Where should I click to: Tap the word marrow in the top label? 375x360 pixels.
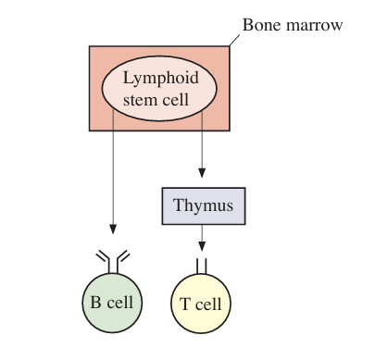pyautogui.click(x=315, y=26)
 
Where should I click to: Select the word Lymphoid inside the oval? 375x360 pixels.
pyautogui.click(x=161, y=79)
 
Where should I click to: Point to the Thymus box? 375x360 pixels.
pyautogui.click(x=204, y=205)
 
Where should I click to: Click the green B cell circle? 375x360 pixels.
pyautogui.click(x=112, y=303)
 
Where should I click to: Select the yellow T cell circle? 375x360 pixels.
pyautogui.click(x=201, y=304)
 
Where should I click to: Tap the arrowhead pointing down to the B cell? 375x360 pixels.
pyautogui.click(x=113, y=230)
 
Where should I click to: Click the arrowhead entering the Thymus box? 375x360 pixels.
pyautogui.click(x=202, y=173)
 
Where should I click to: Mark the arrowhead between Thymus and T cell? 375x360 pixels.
pyautogui.click(x=202, y=246)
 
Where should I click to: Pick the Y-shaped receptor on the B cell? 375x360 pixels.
pyautogui.click(x=113, y=262)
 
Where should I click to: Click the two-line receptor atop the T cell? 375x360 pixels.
pyautogui.click(x=201, y=267)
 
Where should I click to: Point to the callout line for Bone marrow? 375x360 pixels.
pyautogui.click(x=234, y=41)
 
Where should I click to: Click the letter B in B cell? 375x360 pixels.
pyautogui.click(x=95, y=303)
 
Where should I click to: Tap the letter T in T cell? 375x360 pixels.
pyautogui.click(x=185, y=304)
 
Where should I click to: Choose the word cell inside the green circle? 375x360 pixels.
pyautogui.click(x=120, y=303)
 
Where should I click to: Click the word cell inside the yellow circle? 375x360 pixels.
pyautogui.click(x=208, y=304)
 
